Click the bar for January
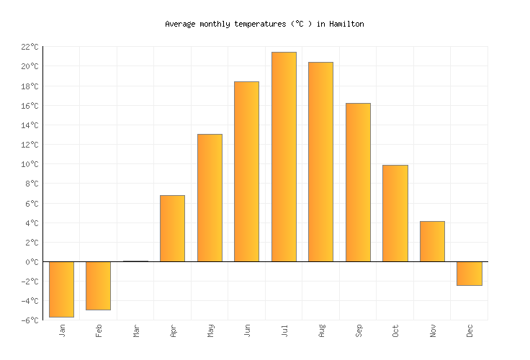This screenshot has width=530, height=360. pyautogui.click(x=61, y=289)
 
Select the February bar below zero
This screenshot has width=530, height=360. pyautogui.click(x=98, y=285)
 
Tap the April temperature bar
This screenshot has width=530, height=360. pyautogui.click(x=172, y=228)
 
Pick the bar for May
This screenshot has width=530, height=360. pyautogui.click(x=210, y=198)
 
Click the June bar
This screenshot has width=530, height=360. pyautogui.click(x=246, y=171)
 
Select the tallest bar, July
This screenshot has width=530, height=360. pyautogui.click(x=284, y=157)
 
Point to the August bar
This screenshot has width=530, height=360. pyautogui.click(x=320, y=162)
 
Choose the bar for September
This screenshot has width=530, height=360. pyautogui.click(x=358, y=182)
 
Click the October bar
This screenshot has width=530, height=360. pyautogui.click(x=395, y=213)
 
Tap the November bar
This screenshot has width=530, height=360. pyautogui.click(x=432, y=241)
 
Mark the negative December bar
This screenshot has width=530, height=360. pyautogui.click(x=469, y=274)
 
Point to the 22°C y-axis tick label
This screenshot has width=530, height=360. pyautogui.click(x=30, y=47)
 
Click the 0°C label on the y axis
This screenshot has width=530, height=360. pyautogui.click(x=32, y=262)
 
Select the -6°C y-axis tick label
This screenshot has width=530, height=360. pyautogui.click(x=30, y=320)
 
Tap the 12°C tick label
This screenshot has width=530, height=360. pyautogui.click(x=30, y=145)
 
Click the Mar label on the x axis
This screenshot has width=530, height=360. pyautogui.click(x=136, y=330)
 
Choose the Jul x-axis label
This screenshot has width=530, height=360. pyautogui.click(x=284, y=330)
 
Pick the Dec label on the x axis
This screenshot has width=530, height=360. pyautogui.click(x=470, y=330)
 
